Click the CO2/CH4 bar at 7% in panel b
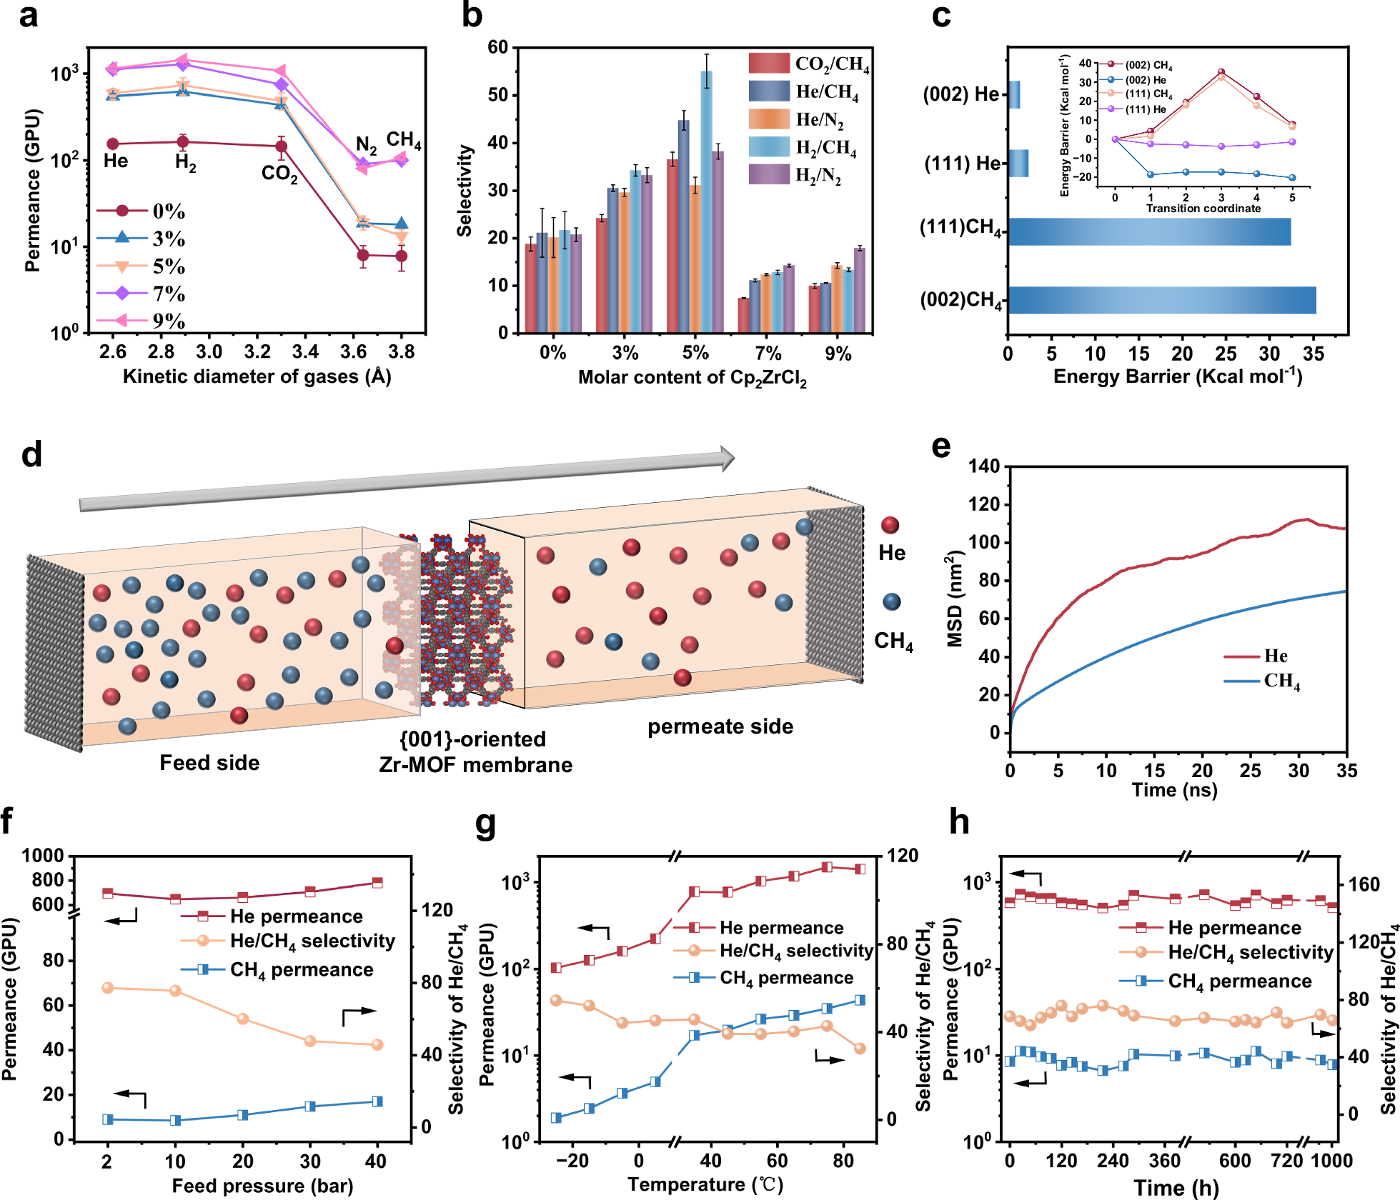pos(743,315)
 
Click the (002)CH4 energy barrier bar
pos(1162,300)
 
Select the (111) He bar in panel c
pos(1018,164)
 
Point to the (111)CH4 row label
pos(961,228)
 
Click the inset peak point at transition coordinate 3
pos(1221,72)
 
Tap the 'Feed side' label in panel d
pos(209,763)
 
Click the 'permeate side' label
pos(720,726)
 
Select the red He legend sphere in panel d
pos(890,526)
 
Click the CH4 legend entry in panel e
pos(1262,681)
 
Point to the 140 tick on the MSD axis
pos(984,466)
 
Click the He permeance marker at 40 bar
pos(377,883)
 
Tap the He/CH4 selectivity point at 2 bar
pos(108,988)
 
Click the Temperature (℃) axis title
pos(705,1184)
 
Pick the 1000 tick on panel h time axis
pos(1332,1161)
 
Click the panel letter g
pos(486,824)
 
